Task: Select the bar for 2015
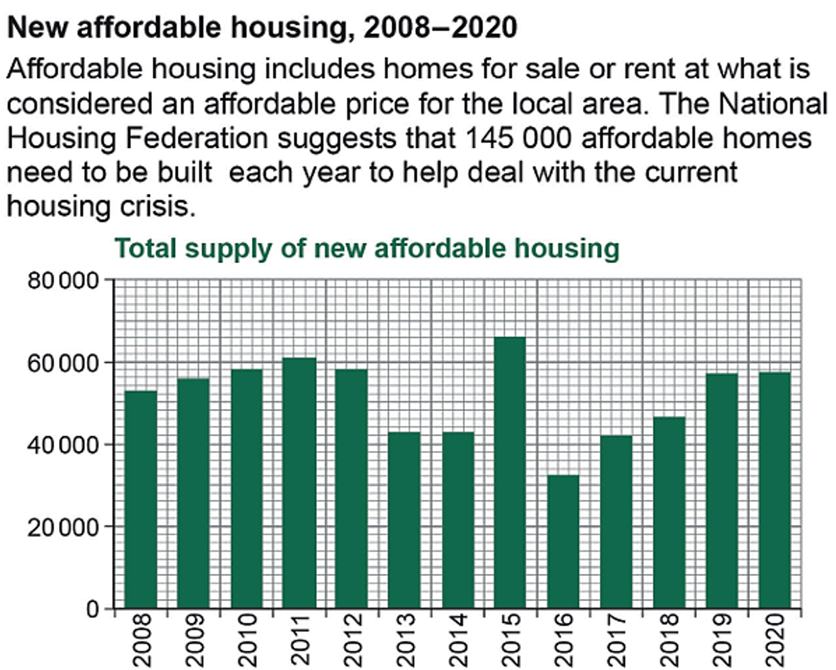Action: click(510, 473)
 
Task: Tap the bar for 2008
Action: click(141, 500)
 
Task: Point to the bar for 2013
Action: click(404, 520)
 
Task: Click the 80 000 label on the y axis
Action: click(63, 281)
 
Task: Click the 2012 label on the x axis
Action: click(353, 640)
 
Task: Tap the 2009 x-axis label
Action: click(195, 640)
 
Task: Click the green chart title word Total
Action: click(146, 248)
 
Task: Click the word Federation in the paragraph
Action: click(196, 138)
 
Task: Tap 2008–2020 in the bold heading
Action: click(440, 28)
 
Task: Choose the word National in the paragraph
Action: click(773, 104)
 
